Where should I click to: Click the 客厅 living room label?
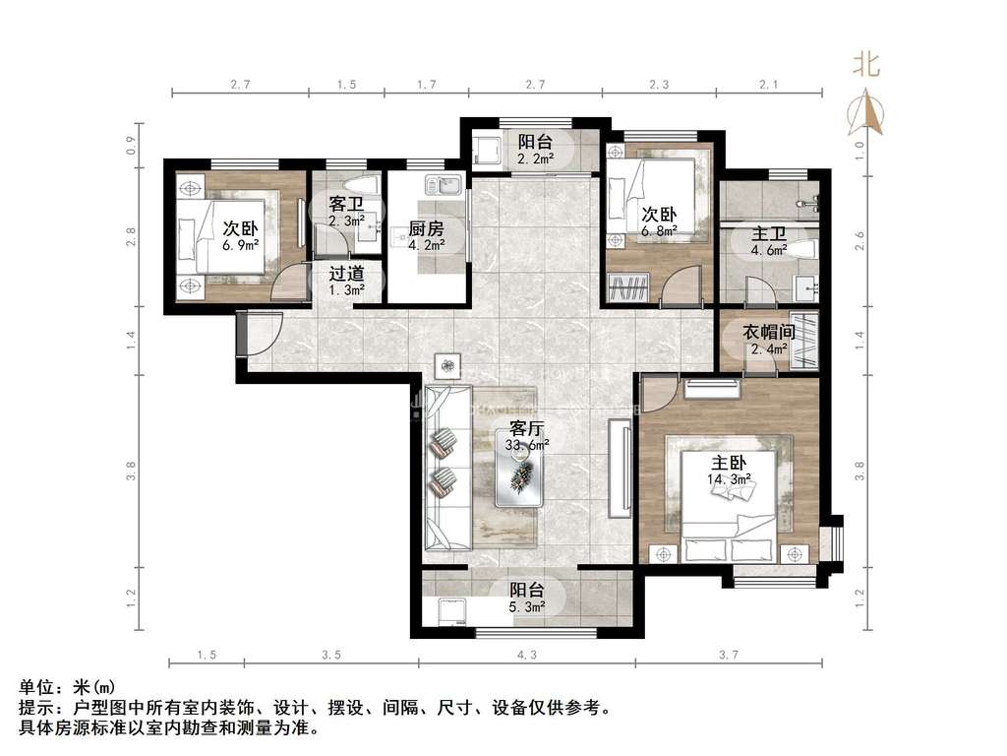point(527,428)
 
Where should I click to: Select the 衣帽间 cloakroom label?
point(769,333)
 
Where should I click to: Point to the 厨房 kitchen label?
point(427,228)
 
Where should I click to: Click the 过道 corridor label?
point(347,274)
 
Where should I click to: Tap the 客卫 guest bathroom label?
point(347,205)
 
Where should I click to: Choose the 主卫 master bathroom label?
point(769,233)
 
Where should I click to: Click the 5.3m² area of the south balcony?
point(527,606)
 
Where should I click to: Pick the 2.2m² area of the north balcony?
point(536,157)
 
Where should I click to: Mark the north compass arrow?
point(865,113)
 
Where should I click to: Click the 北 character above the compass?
point(865,64)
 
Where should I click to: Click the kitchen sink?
point(442,184)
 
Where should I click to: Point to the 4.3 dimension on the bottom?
point(527,655)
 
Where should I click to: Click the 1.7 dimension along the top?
point(427,85)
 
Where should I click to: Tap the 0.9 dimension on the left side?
point(131,146)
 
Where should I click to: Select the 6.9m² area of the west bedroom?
point(241,245)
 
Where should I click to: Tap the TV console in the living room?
point(621,469)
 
